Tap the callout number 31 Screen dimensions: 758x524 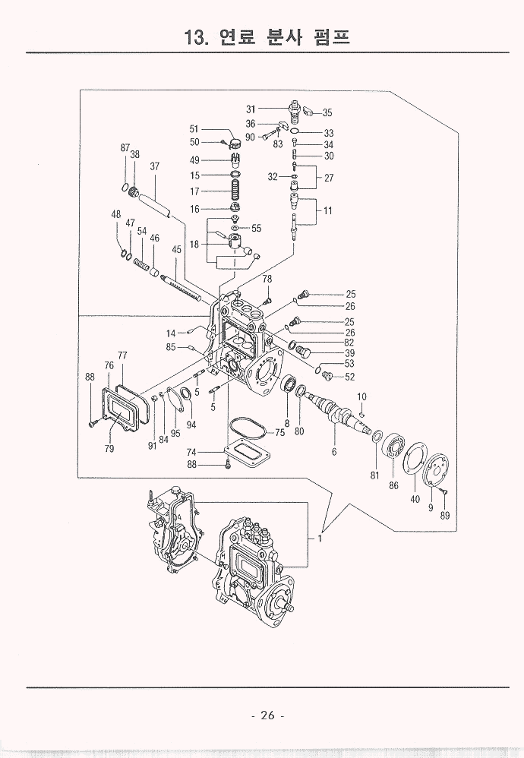tap(252, 109)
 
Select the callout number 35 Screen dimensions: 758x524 tap(327, 113)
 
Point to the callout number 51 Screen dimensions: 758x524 tap(194, 129)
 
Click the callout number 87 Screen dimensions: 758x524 tap(125, 147)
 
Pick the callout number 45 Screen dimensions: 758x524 tap(176, 250)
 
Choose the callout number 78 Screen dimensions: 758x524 tap(267, 280)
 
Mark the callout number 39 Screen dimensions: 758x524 tap(350, 353)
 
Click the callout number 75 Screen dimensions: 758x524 tap(280, 433)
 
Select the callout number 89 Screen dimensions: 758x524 tap(445, 516)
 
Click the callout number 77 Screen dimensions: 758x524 tap(122, 355)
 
